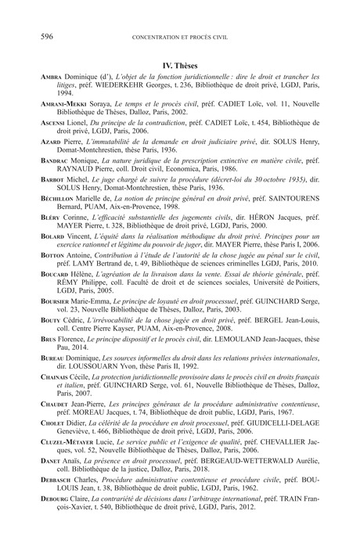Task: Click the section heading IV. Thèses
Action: click(x=180, y=67)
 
